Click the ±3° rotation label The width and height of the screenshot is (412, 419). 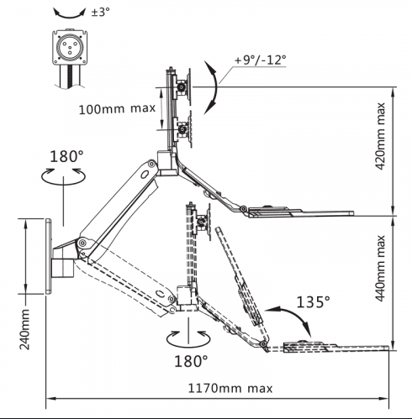click(100, 12)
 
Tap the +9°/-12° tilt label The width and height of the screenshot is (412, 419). click(260, 60)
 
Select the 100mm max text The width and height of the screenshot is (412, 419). click(117, 108)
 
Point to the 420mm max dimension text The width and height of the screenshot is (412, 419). click(380, 136)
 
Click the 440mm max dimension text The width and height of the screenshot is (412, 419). click(380, 269)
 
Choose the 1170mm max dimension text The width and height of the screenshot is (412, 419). click(230, 388)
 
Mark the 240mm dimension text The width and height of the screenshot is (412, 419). click(24, 329)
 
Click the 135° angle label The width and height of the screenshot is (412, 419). click(313, 302)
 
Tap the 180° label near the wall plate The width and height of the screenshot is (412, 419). click(66, 156)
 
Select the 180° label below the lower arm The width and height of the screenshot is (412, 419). click(191, 361)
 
